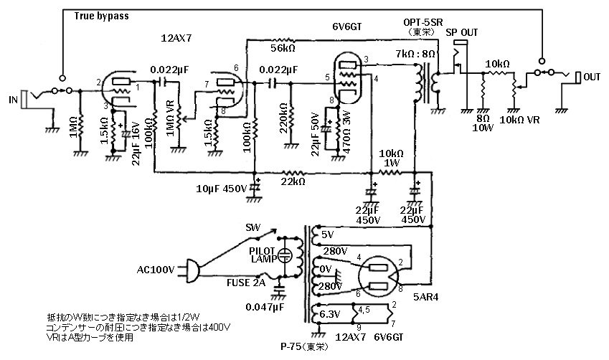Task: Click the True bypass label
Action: tap(102, 15)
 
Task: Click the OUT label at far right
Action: tap(593, 77)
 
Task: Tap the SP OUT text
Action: tap(461, 33)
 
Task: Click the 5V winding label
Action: tap(328, 234)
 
